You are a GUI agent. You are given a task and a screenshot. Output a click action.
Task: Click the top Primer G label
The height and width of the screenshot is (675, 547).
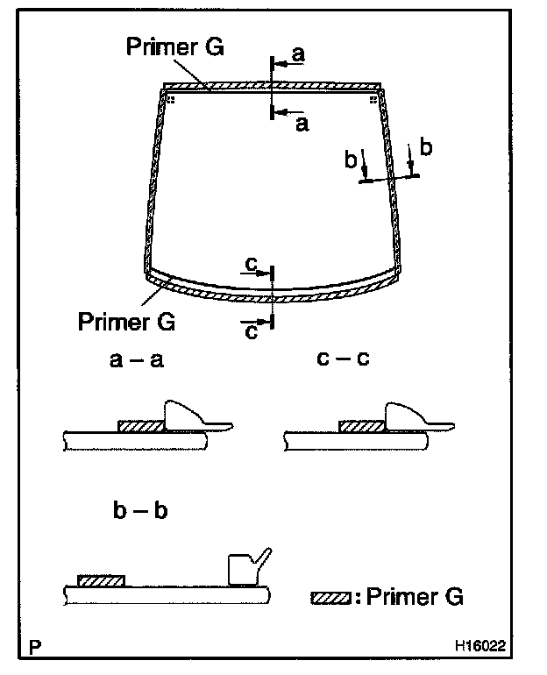(174, 46)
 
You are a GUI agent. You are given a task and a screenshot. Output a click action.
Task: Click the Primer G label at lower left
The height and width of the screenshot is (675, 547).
(126, 321)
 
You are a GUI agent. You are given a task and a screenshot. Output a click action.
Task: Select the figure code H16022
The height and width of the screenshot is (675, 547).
(480, 646)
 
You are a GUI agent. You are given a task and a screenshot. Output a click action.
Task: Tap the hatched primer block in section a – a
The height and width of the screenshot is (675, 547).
(140, 426)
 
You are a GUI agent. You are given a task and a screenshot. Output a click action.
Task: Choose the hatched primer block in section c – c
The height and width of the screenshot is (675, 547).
(360, 426)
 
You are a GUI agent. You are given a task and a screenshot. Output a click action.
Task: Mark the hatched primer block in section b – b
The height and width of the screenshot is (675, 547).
(101, 580)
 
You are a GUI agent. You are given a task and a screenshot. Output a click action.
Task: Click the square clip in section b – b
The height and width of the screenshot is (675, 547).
(240, 569)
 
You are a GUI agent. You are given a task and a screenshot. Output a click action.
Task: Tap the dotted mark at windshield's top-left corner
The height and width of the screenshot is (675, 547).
(171, 100)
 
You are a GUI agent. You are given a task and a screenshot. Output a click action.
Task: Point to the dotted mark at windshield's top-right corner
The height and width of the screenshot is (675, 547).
(373, 100)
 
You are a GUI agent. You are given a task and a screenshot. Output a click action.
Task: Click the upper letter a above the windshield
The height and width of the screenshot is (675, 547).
(298, 54)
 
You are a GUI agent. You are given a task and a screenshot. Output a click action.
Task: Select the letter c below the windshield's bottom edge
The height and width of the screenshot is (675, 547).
(252, 331)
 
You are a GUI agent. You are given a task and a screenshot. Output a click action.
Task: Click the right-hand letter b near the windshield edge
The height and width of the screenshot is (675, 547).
(427, 146)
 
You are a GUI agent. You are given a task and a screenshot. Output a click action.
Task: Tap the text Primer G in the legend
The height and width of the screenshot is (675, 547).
(414, 597)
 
